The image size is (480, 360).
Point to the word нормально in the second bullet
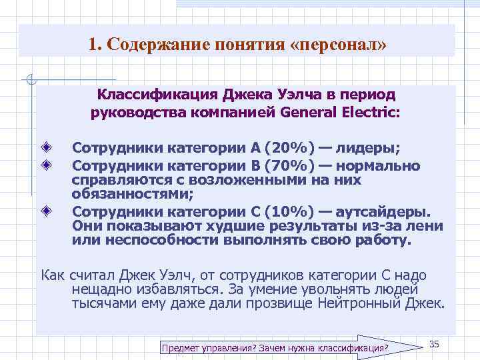coord(378,165)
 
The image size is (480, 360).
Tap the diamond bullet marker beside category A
coord(46,147)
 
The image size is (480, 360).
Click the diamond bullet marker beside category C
coord(46,211)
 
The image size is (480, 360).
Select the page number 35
coord(434,343)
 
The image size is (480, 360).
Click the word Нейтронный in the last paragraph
coord(371,304)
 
